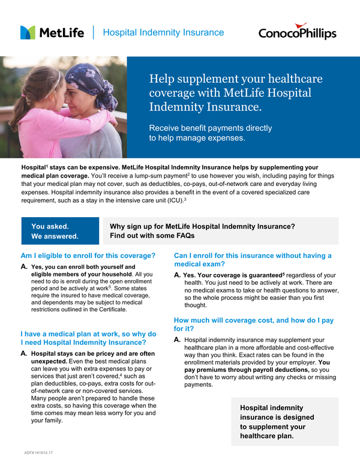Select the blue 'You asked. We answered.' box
coord(55,231)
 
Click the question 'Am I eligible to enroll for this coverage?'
coord(88,255)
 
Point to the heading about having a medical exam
coord(252,260)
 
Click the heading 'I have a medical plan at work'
coord(88,338)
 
